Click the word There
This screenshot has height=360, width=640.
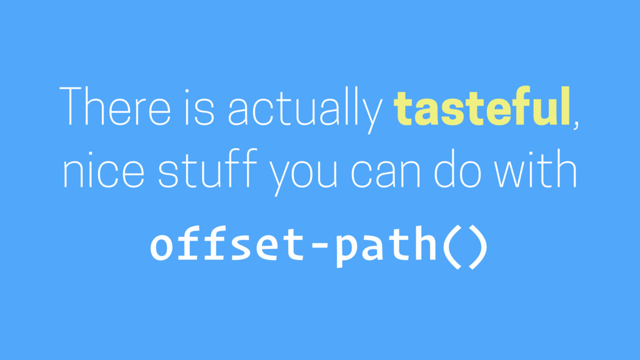[x=115, y=106]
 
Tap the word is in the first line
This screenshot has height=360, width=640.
[x=199, y=107]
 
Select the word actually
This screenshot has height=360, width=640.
[x=305, y=109]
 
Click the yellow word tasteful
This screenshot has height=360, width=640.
[x=482, y=106]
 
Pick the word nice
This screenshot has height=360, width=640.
[x=103, y=169]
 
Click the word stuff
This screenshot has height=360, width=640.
[x=207, y=167]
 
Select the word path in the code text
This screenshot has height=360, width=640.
[x=386, y=247]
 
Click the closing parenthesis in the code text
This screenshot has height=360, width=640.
[x=478, y=247]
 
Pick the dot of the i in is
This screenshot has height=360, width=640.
[x=187, y=91]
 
